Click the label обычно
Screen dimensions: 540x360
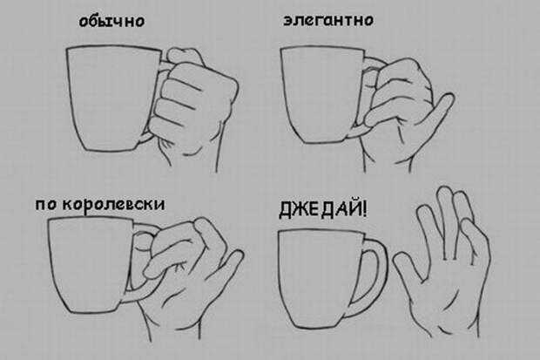tap(112, 21)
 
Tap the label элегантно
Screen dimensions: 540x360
tap(328, 20)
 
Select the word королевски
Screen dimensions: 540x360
tap(114, 204)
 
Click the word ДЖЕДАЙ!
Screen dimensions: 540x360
tap(322, 209)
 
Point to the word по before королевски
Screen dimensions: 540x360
tap(46, 205)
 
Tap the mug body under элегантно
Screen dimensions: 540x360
tap(321, 95)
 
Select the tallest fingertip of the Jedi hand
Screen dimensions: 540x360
tap(445, 194)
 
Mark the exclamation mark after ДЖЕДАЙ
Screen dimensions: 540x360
tap(363, 208)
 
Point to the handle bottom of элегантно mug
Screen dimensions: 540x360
tap(358, 131)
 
